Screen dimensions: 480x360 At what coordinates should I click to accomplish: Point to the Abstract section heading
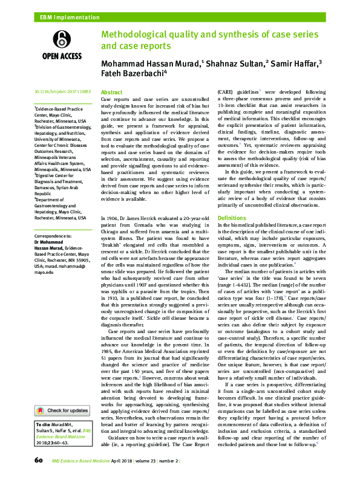111,91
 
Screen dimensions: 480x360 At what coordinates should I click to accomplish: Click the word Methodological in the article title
136,34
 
